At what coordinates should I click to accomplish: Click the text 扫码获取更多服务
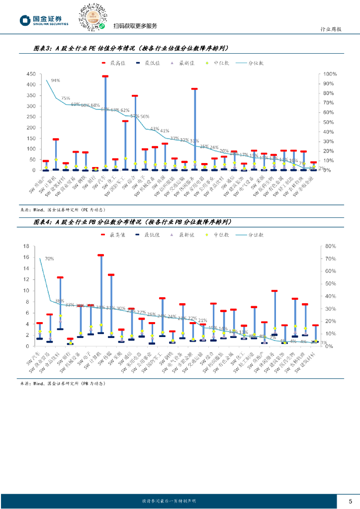click(x=135, y=26)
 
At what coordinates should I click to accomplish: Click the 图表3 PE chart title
click(x=131, y=49)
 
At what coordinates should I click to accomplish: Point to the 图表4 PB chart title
click(x=131, y=222)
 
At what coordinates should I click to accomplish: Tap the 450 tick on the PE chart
click(x=29, y=74)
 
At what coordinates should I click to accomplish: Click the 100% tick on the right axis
click(x=331, y=74)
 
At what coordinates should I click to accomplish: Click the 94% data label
click(x=55, y=81)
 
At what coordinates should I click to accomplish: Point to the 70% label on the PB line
click(x=49, y=259)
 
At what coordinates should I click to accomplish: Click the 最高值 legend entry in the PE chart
click(x=114, y=63)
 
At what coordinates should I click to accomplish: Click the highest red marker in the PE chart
click(x=105, y=77)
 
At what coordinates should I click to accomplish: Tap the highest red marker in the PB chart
click(x=100, y=255)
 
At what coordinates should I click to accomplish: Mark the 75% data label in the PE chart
click(x=66, y=98)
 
